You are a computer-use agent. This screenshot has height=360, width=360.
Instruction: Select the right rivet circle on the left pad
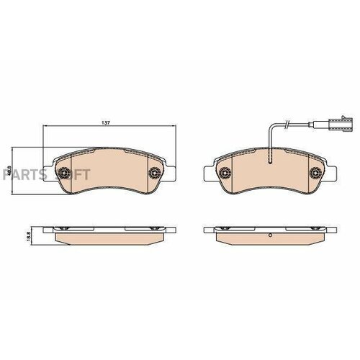click(x=154, y=173)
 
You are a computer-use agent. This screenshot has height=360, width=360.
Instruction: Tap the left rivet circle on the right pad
click(x=225, y=173)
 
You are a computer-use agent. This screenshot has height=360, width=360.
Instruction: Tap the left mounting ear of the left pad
click(x=48, y=174)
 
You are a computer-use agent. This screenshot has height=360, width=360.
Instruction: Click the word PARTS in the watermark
click(x=20, y=174)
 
